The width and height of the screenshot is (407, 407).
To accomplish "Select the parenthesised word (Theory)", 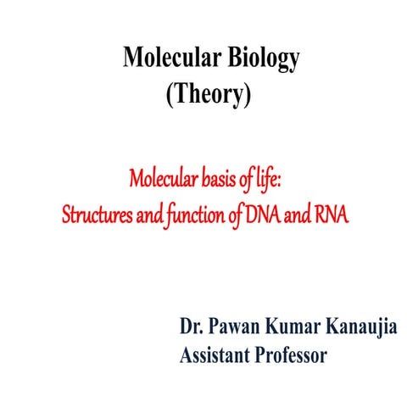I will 209,96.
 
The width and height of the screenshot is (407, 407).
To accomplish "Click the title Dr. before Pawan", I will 191,326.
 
